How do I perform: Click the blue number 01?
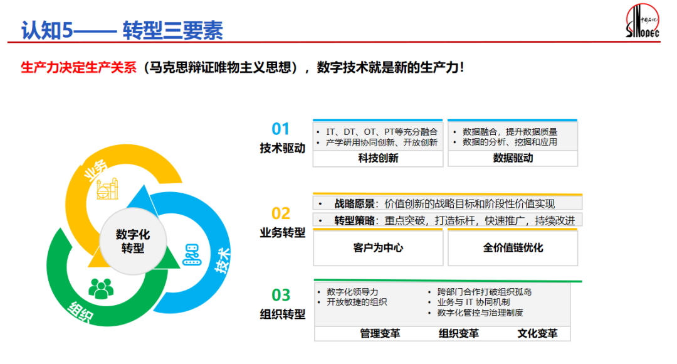pyautogui.click(x=281, y=129)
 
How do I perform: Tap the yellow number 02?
pyautogui.click(x=281, y=213)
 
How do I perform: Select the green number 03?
pyautogui.click(x=281, y=295)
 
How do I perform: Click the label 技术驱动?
pyautogui.click(x=283, y=148)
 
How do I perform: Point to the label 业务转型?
pyautogui.click(x=283, y=232)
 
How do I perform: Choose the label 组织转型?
pyautogui.click(x=283, y=314)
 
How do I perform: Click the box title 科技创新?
pyautogui.click(x=378, y=158)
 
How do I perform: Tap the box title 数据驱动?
pyautogui.click(x=513, y=158)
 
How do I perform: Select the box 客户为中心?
pyautogui.click(x=378, y=247)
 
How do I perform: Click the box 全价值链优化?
pyautogui.click(x=513, y=247)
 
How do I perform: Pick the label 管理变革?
pyautogui.click(x=380, y=333)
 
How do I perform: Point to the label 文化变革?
pyautogui.click(x=537, y=333)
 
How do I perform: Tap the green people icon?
pyautogui.click(x=100, y=288)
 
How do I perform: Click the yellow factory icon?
pyautogui.click(x=107, y=188)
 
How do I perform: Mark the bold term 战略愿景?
pyautogui.click(x=355, y=203)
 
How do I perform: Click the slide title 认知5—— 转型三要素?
pyautogui.click(x=122, y=29)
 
